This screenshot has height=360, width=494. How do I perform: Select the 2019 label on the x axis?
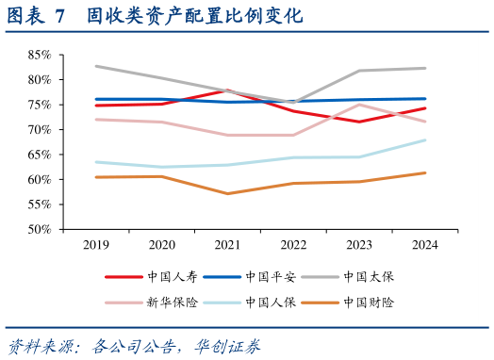(x=97, y=245)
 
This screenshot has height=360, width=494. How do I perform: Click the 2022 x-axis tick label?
(x=292, y=245)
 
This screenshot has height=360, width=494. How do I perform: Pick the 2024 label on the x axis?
(x=423, y=245)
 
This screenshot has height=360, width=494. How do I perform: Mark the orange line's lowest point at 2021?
(x=227, y=193)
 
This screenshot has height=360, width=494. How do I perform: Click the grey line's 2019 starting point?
(x=97, y=66)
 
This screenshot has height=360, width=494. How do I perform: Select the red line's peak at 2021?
(x=227, y=90)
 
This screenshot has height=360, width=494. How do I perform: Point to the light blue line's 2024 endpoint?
(x=424, y=140)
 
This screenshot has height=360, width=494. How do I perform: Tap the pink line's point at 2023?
(x=358, y=105)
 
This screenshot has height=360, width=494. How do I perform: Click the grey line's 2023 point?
(x=358, y=71)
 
